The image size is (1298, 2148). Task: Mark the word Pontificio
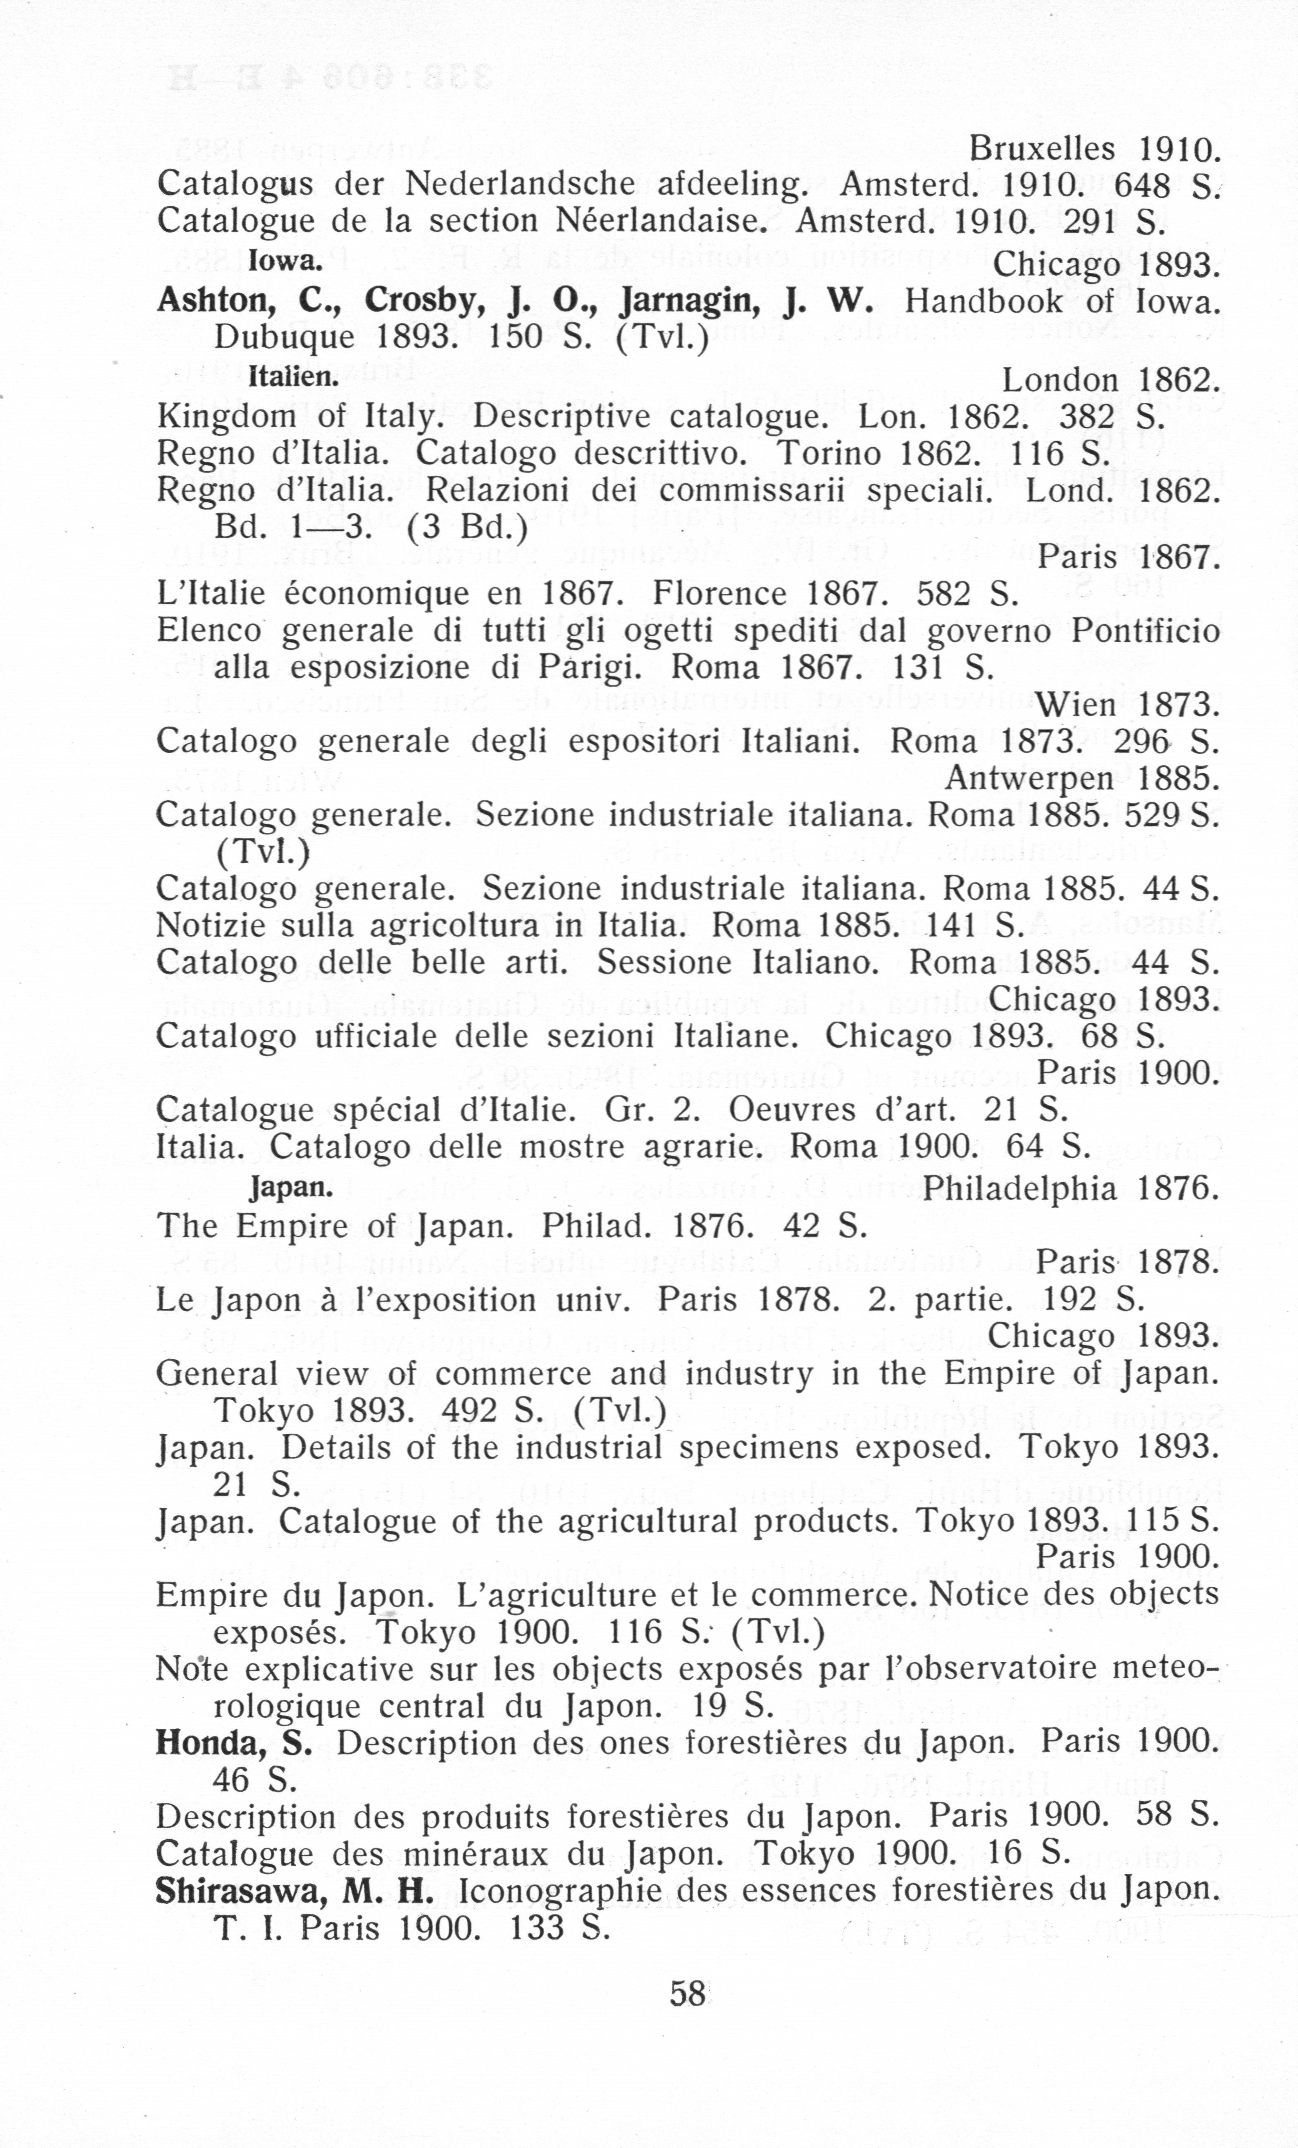click(1144, 630)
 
